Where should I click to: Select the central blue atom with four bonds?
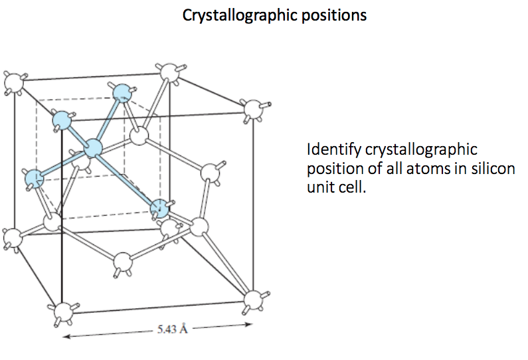tap(93, 149)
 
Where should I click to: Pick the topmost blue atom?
tap(122, 92)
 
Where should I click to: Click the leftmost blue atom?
tap(33, 177)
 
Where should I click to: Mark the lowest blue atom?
tap(159, 209)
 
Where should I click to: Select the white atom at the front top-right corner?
tap(252, 108)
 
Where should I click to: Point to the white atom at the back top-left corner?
tap(13, 82)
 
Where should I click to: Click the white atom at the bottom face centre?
tap(122, 261)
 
